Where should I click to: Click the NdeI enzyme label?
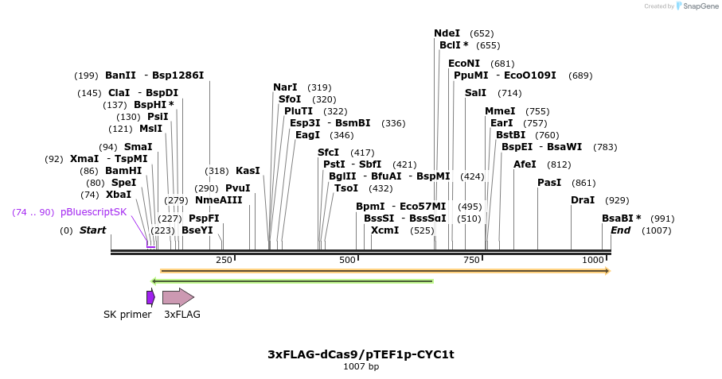click(x=447, y=33)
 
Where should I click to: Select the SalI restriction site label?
click(x=475, y=93)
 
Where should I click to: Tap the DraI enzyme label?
click(x=583, y=200)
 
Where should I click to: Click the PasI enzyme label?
click(x=549, y=183)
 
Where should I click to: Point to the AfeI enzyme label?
click(x=525, y=164)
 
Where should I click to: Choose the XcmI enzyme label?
click(x=384, y=230)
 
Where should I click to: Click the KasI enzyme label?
click(x=248, y=171)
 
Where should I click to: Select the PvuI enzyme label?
click(x=237, y=188)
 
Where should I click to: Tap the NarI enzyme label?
click(x=285, y=87)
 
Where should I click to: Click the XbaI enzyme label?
click(x=119, y=195)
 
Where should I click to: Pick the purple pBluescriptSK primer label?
click(x=93, y=212)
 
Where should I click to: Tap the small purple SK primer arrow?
click(x=150, y=297)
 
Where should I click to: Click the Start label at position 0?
click(x=92, y=230)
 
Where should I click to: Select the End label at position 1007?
click(x=620, y=230)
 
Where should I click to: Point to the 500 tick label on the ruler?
click(x=348, y=260)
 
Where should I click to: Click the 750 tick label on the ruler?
click(x=471, y=260)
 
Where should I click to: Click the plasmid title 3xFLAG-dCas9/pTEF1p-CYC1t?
click(x=361, y=354)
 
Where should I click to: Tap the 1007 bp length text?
click(x=361, y=366)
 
